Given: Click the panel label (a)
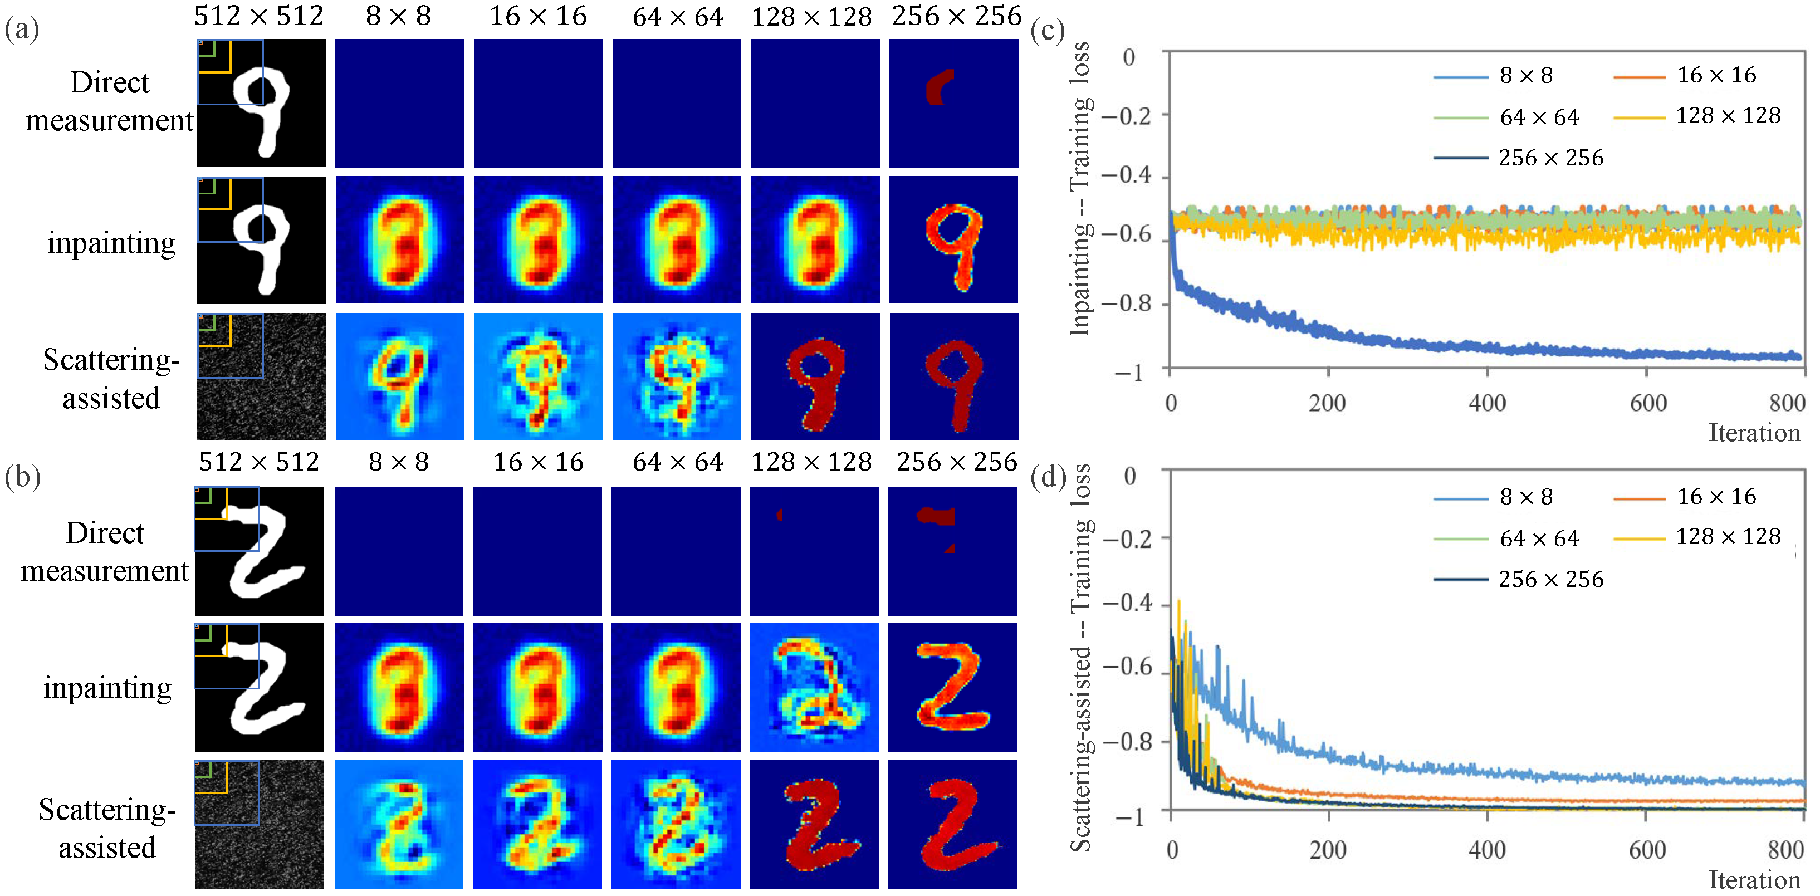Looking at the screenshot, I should pos(22,30).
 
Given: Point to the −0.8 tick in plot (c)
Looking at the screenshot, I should pos(1127,303).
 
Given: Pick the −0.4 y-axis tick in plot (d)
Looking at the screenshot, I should pos(1127,603).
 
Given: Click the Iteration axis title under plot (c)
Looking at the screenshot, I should pos(1754,433).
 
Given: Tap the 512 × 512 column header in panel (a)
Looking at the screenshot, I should pos(258,16).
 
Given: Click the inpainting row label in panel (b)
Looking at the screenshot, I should pos(107,688).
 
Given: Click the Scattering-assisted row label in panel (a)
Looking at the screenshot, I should pos(111,379).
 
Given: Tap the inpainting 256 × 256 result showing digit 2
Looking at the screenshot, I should pos(952,687).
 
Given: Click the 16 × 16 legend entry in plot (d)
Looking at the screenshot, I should pos(1716,497).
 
